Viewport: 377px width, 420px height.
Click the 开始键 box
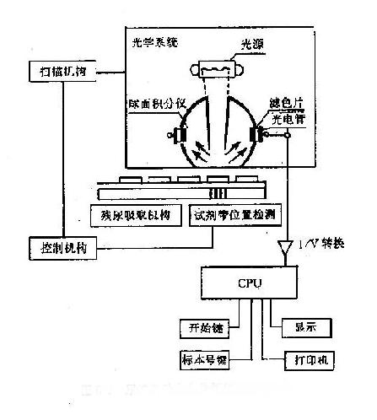tap(202, 327)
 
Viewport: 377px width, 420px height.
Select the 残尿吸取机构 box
tap(136, 215)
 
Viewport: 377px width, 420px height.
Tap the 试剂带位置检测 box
tap(228, 215)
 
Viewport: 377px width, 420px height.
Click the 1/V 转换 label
tap(325, 245)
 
